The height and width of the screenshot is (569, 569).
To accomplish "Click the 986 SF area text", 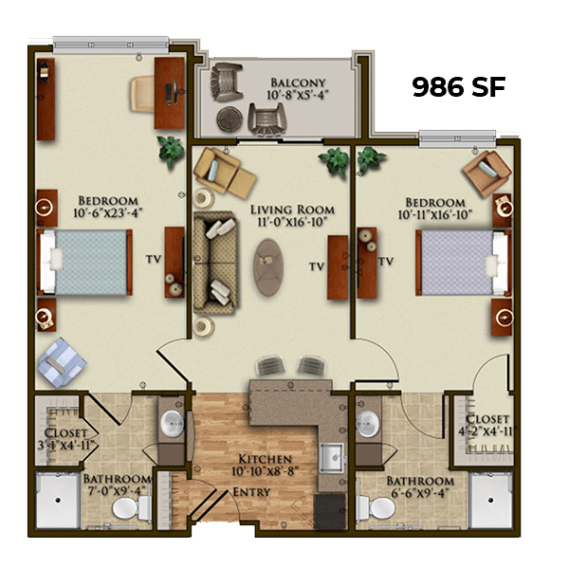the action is (459, 87).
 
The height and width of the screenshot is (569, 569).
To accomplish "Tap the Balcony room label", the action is (298, 83).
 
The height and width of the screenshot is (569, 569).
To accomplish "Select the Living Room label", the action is (292, 210).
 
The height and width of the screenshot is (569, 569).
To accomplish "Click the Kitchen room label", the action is (265, 459).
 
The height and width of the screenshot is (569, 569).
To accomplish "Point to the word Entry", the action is (251, 492).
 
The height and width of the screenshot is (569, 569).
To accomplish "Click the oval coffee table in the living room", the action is (268, 267).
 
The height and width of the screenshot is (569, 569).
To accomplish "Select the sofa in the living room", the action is (215, 263).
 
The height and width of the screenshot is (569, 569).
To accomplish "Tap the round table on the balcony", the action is (229, 119).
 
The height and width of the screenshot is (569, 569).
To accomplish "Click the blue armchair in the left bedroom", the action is (61, 362).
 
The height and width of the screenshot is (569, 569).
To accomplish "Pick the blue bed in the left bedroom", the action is (84, 262).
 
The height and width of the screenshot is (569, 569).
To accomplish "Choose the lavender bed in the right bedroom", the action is (464, 262).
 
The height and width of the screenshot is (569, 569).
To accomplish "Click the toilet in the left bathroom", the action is (132, 508).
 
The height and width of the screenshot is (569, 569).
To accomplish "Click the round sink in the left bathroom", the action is (172, 424).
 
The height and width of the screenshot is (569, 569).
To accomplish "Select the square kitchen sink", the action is (331, 458).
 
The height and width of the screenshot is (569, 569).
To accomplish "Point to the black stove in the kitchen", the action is (330, 511).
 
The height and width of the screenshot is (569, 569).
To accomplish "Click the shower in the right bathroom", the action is (491, 500).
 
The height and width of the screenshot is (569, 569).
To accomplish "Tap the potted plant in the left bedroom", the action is (170, 151).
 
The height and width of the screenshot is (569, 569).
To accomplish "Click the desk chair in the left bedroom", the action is (142, 94).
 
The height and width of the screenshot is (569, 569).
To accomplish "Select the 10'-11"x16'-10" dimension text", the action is (435, 215).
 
